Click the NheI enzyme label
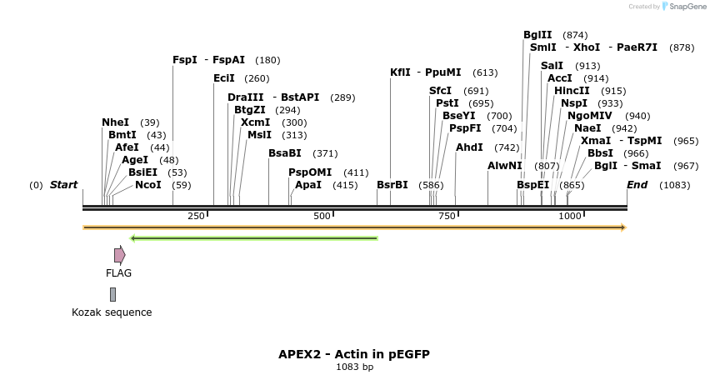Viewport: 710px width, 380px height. click(115, 122)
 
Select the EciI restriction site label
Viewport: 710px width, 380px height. click(224, 78)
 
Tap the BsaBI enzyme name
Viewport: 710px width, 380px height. click(285, 153)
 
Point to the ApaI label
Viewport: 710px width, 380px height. click(308, 185)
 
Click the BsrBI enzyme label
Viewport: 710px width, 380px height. click(392, 185)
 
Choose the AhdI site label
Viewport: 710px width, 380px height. click(469, 147)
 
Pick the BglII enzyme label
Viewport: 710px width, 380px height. click(537, 35)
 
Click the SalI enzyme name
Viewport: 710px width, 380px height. click(552, 66)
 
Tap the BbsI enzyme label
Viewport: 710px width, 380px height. click(600, 153)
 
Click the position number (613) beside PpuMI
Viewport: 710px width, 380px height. click(485, 72)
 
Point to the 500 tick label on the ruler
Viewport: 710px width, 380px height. click(322, 216)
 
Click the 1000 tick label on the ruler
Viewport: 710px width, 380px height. click(570, 216)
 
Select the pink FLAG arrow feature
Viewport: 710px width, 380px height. click(120, 255)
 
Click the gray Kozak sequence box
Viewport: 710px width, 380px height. click(112, 294)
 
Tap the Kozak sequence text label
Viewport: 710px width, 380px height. click(112, 312)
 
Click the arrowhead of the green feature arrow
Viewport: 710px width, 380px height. click(134, 238)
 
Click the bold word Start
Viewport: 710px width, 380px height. click(63, 185)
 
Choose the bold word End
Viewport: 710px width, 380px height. click(637, 185)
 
